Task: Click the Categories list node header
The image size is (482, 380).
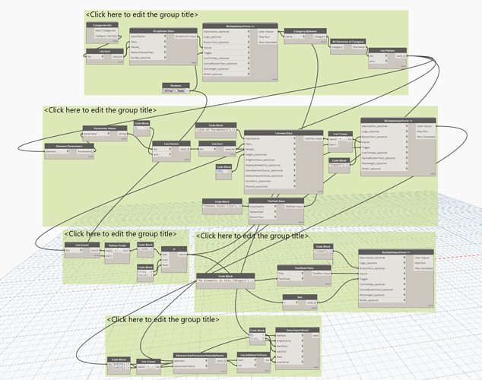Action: click(x=101, y=24)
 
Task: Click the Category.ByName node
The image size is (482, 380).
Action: click(x=299, y=32)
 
